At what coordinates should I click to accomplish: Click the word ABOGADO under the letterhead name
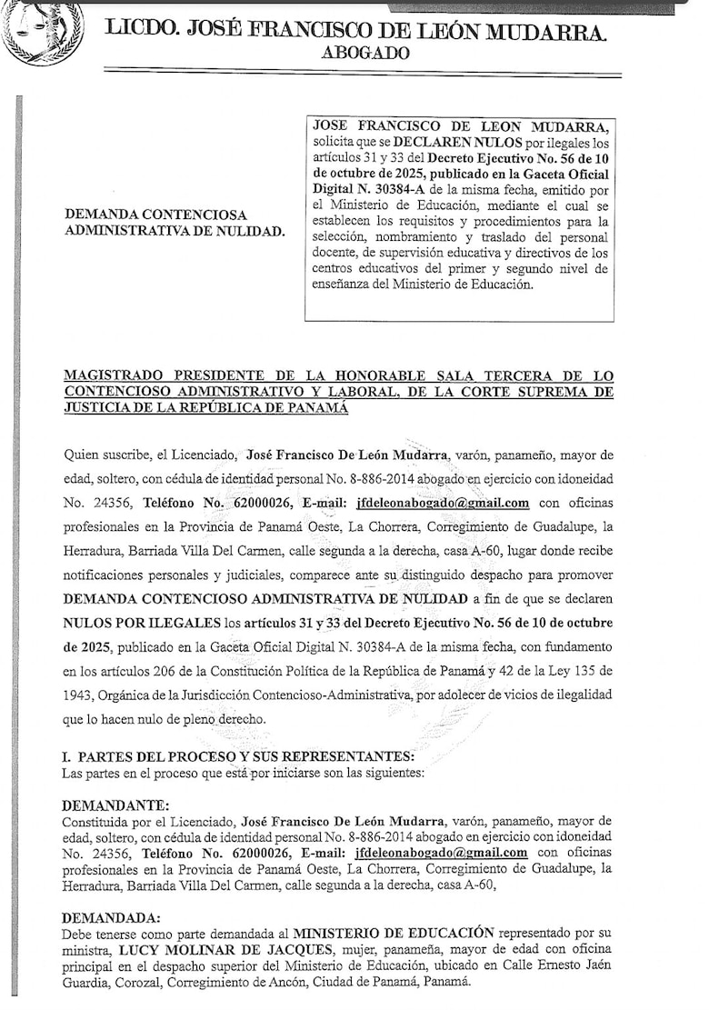click(365, 54)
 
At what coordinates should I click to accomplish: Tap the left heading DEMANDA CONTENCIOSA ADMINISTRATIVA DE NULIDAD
click(174, 223)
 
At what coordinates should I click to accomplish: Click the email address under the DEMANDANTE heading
click(441, 853)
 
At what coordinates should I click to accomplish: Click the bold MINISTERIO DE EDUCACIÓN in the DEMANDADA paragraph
click(394, 933)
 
